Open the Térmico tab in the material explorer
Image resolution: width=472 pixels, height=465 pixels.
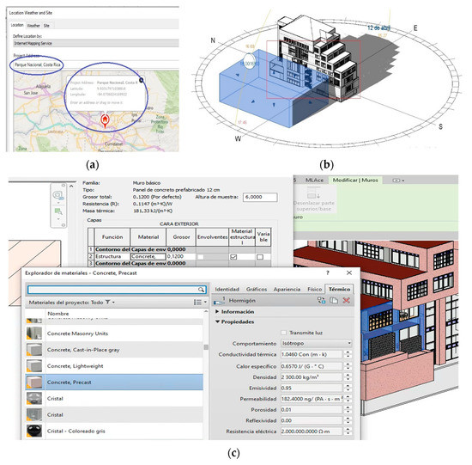pos(339,290)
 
